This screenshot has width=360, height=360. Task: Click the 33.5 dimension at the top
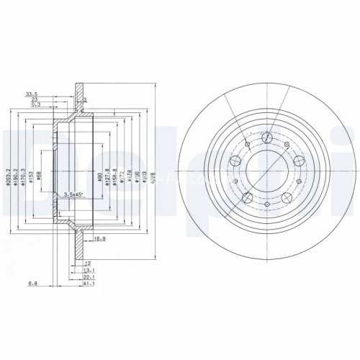tap(31, 94)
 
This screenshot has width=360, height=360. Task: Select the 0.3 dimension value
tap(36, 104)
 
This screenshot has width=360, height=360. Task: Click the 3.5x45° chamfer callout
tap(73, 195)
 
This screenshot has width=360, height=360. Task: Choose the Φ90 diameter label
tap(96, 176)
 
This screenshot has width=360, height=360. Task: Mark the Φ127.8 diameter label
tap(106, 176)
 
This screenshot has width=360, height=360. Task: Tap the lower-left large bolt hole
tap(247, 197)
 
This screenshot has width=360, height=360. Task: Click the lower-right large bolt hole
tap(286, 197)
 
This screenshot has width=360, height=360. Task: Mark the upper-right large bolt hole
tap(297, 160)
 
